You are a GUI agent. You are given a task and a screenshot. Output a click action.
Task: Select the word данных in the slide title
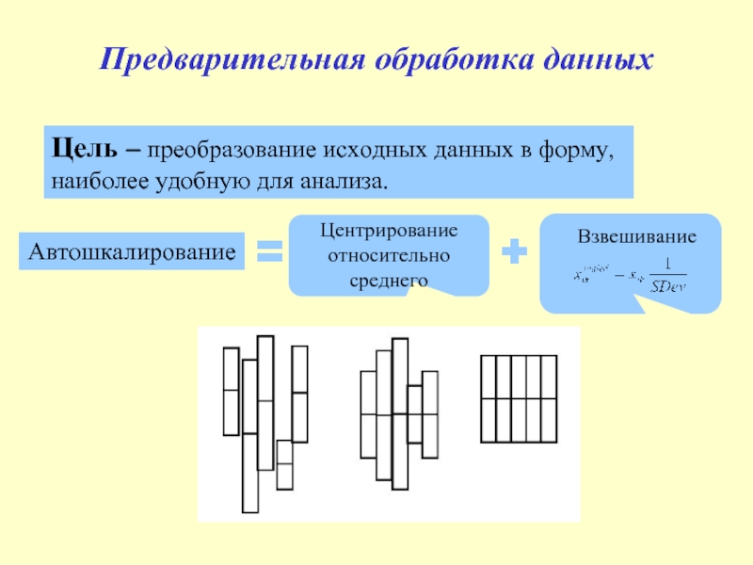coord(597,62)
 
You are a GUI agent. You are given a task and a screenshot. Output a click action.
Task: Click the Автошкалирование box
coord(131,252)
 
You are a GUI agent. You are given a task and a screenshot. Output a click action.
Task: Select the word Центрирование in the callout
coord(388,231)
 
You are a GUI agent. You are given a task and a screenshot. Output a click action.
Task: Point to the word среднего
coord(388,280)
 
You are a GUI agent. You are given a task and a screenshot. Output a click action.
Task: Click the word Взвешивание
coord(637,237)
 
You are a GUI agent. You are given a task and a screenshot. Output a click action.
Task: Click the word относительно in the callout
coord(388,255)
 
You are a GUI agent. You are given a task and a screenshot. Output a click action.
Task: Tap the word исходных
coord(367,150)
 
